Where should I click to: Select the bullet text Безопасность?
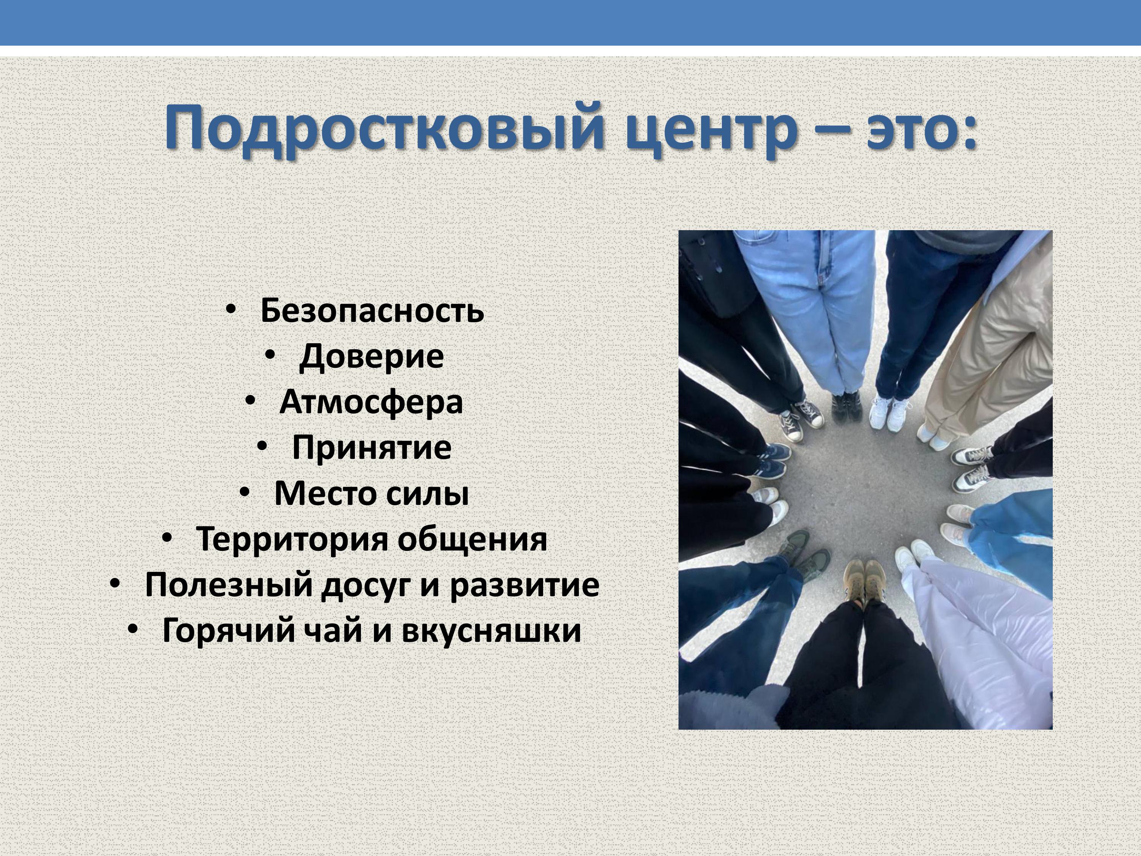coord(372,310)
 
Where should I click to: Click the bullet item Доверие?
coord(371,356)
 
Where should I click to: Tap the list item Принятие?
coord(371,447)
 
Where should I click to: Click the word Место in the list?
coord(323,493)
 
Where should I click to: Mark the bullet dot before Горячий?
coord(133,629)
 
